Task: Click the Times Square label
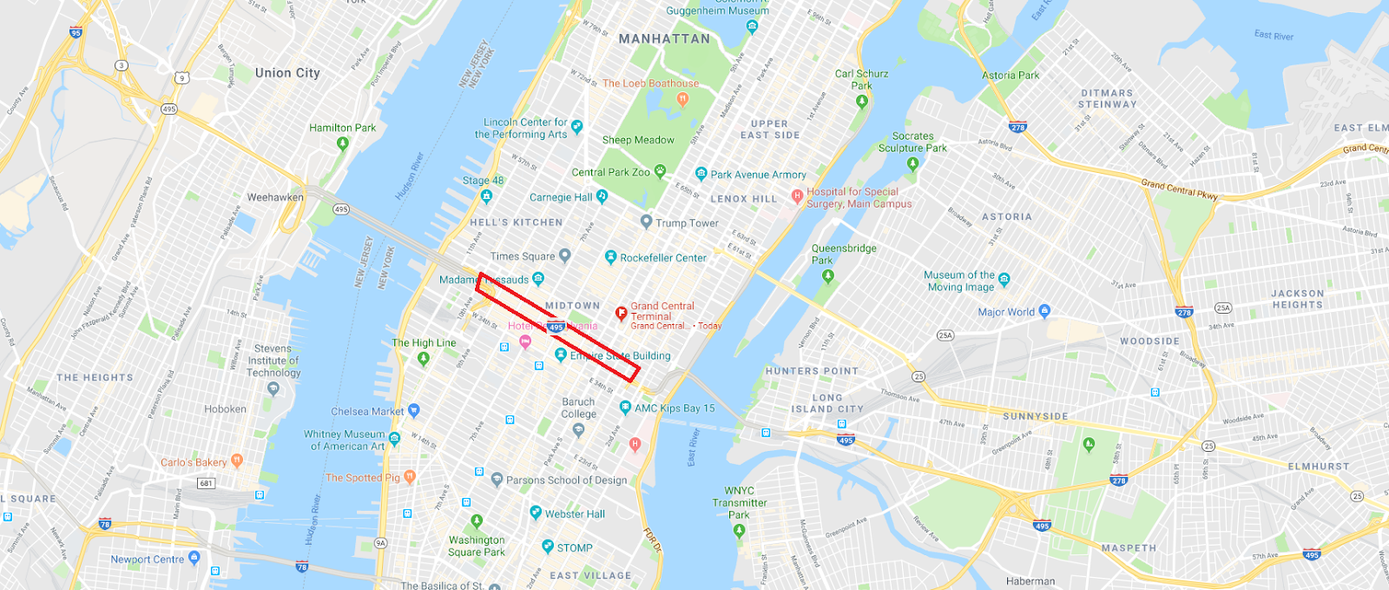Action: [x=522, y=256]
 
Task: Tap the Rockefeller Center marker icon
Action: [x=610, y=257]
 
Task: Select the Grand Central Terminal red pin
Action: [x=621, y=314]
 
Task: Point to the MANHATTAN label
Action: [x=664, y=39]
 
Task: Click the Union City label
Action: [x=287, y=73]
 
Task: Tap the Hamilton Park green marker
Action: [x=342, y=143]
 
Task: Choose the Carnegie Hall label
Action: [x=561, y=197]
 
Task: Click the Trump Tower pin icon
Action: [x=646, y=222]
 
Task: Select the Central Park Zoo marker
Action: [x=660, y=171]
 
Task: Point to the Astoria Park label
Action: [x=1010, y=76]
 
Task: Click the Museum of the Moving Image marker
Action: [x=1004, y=280]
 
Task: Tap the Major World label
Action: [x=1006, y=312]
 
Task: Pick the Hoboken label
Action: [x=225, y=409]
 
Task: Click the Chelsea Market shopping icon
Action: [x=413, y=410]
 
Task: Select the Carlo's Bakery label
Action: [x=194, y=462]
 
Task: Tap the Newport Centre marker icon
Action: [x=194, y=559]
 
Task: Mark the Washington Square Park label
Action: [x=477, y=546]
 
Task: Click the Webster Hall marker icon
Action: [x=536, y=513]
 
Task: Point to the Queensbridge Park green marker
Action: [x=827, y=276]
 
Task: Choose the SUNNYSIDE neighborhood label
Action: [x=1036, y=416]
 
